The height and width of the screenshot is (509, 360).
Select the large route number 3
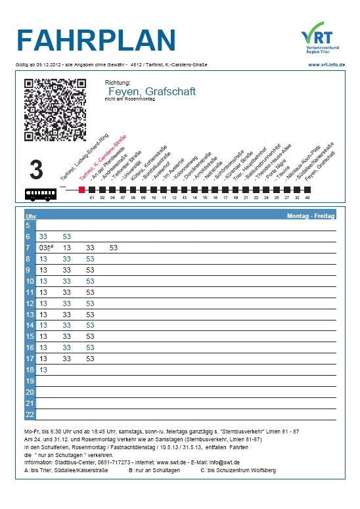36,170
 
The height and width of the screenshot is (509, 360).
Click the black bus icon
41,194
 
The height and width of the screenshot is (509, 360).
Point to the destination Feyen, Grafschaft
151,91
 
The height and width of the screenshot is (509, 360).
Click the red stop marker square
81,189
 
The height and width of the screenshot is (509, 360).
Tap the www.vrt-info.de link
326,64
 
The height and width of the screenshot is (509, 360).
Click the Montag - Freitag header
311,215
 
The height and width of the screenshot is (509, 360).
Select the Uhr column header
30,215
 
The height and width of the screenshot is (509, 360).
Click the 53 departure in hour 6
67,236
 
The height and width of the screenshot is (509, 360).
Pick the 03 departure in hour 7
44,248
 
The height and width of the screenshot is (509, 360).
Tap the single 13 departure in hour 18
44,370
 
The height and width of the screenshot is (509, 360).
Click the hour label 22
29,414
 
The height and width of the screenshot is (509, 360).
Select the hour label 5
28,225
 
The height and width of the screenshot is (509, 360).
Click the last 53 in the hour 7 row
114,248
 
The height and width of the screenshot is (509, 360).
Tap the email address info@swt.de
220,462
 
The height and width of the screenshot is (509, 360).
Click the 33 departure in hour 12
67,303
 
